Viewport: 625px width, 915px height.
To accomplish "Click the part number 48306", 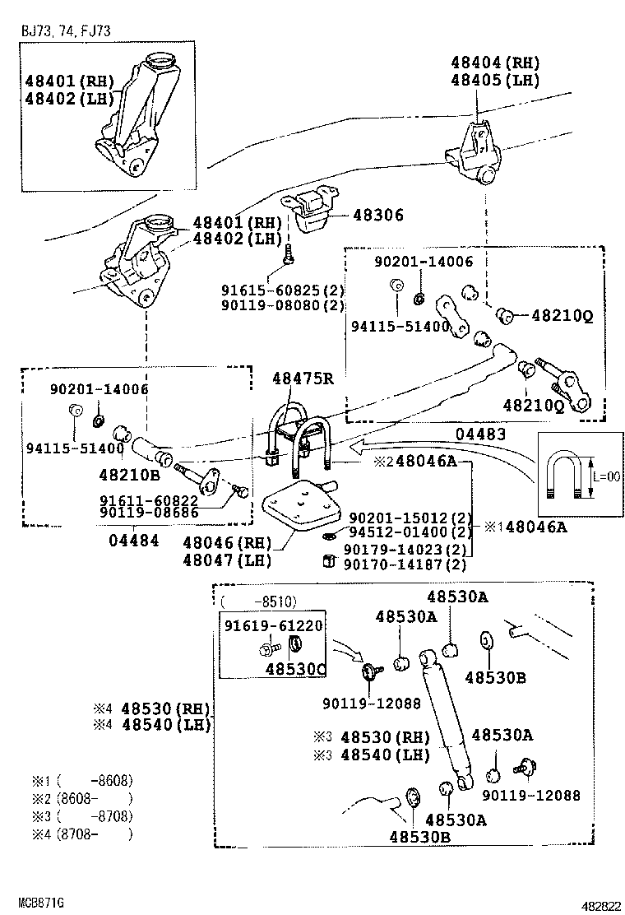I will tap(378, 216).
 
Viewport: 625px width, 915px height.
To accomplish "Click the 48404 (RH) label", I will tap(493, 62).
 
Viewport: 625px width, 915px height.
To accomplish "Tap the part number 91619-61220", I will tap(273, 625).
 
